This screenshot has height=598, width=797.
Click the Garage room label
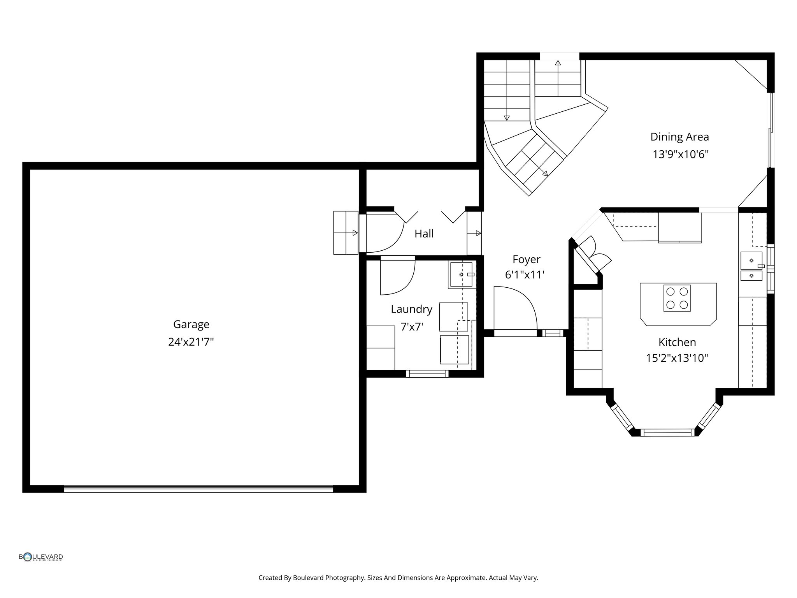tap(191, 325)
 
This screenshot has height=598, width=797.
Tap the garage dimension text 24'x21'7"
tap(191, 342)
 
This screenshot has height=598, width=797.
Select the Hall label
tap(424, 234)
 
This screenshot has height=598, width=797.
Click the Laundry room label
tap(411, 310)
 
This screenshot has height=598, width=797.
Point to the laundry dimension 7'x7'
tap(412, 327)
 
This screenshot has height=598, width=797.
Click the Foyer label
tap(526, 260)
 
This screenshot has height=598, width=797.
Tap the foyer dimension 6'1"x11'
tap(525, 275)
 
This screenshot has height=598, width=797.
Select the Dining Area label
tap(679, 137)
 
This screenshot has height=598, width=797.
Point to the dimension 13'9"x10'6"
tap(680, 155)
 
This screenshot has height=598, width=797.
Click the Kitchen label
tap(677, 342)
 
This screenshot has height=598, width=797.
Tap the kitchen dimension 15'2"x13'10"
tap(677, 358)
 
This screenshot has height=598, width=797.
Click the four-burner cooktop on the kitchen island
tap(677, 298)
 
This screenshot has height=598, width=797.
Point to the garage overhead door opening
tap(198, 489)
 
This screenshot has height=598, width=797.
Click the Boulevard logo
tap(41, 557)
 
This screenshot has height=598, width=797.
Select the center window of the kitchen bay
tap(667, 432)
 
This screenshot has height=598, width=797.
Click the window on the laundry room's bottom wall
tap(427, 374)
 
